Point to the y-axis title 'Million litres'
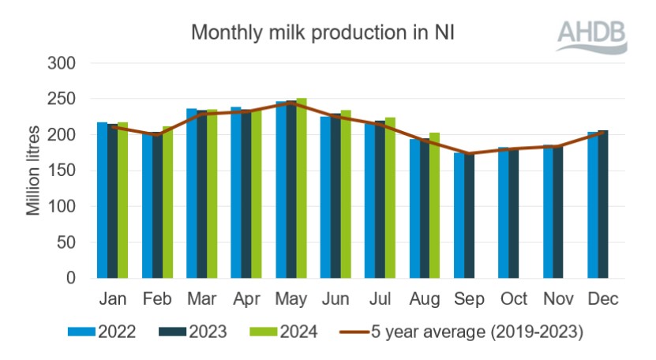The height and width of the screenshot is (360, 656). (34, 171)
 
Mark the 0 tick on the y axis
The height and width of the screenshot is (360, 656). (72, 279)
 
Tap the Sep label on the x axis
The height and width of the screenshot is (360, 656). (469, 302)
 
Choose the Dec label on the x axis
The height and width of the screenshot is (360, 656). (602, 302)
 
